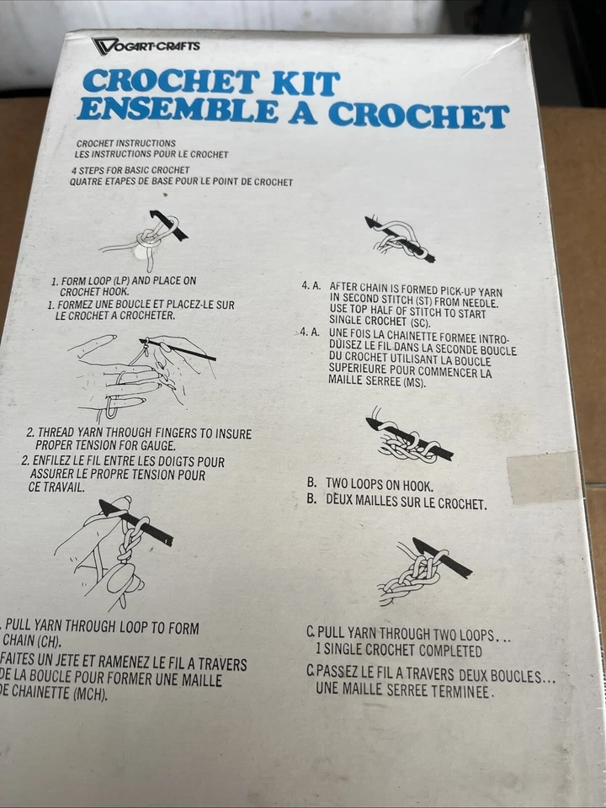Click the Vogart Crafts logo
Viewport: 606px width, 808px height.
[146, 45]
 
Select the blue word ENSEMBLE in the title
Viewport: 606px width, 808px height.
[178, 109]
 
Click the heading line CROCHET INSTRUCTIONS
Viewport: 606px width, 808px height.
[126, 143]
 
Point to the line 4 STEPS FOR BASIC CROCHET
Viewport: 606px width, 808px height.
[131, 170]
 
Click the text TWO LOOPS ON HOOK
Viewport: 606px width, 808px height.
[380, 485]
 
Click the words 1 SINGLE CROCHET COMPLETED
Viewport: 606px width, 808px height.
[399, 651]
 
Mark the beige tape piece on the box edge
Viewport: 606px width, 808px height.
[543, 478]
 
